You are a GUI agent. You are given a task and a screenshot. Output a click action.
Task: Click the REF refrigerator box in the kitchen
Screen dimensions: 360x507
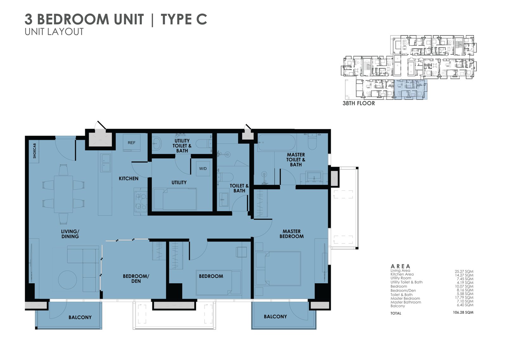(x=132, y=143)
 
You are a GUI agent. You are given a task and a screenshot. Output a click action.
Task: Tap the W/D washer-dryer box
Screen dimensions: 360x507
(x=203, y=168)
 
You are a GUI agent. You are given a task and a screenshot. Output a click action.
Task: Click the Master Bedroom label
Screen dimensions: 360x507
(x=291, y=234)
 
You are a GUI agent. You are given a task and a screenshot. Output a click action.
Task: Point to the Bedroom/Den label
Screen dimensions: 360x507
(x=136, y=279)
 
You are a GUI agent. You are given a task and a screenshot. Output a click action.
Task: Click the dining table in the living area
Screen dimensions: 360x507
(x=63, y=194)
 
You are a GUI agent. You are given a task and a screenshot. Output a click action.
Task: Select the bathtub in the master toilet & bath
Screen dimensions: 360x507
(x=277, y=142)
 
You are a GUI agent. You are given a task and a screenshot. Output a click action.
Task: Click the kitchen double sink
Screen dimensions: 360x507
(x=106, y=163)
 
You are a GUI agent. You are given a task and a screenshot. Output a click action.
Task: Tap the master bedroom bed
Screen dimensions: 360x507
(x=278, y=269)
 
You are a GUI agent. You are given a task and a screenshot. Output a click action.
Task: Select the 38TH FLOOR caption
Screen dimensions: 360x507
(x=358, y=103)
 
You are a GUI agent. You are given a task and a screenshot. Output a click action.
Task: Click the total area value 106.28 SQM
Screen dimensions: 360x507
(x=463, y=312)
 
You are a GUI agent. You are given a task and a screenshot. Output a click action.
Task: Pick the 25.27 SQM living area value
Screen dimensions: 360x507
(x=464, y=271)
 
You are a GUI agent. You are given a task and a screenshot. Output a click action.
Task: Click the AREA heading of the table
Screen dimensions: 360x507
(x=400, y=266)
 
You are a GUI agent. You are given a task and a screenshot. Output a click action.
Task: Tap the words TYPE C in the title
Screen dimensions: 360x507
(x=184, y=19)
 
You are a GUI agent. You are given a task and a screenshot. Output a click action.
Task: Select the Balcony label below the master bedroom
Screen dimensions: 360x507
(x=275, y=317)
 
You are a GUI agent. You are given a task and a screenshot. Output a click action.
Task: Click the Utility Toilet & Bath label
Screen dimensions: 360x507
(x=182, y=145)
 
